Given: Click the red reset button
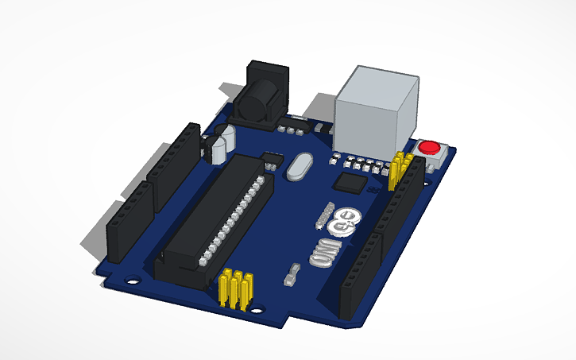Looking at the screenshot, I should click(429, 147).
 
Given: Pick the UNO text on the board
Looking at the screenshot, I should click(325, 253).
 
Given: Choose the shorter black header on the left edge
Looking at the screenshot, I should click(127, 223).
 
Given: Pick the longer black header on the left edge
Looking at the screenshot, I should click(176, 163).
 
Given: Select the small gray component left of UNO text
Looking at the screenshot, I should click(292, 275).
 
